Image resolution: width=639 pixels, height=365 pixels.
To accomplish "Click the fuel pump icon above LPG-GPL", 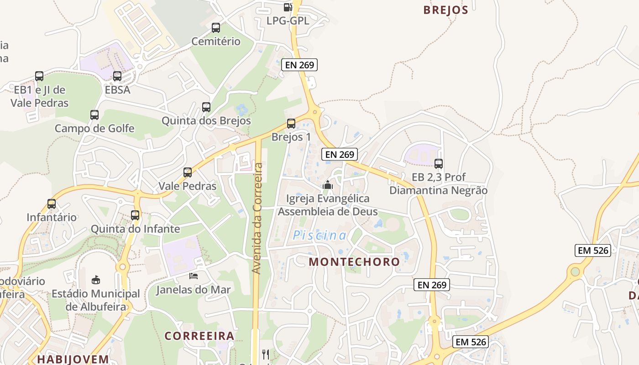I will tap(288, 7).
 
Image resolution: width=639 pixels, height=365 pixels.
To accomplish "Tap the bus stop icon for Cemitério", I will tap(216, 28).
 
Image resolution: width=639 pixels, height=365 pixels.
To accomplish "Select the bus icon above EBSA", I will tap(117, 76).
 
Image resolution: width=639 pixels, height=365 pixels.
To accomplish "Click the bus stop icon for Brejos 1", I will tap(291, 123).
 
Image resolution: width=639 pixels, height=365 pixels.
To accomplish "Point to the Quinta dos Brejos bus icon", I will tap(206, 107).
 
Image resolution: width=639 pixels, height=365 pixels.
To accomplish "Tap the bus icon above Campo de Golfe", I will tap(94, 115).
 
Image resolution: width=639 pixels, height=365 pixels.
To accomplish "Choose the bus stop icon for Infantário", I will tap(52, 204).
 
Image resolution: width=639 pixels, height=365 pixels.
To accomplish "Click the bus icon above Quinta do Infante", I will tap(135, 215).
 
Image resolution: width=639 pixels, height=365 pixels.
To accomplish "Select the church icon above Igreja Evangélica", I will tap(327, 185).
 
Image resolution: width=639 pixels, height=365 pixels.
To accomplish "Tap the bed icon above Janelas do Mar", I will tap(194, 276).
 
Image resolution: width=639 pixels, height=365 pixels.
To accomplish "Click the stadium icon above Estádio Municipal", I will tap(96, 280).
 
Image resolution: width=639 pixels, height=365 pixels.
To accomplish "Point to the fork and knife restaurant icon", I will tap(266, 354).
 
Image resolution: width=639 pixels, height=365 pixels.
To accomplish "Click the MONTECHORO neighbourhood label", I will tap(354, 262).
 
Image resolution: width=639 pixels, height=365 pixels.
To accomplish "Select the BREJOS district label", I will tap(445, 10).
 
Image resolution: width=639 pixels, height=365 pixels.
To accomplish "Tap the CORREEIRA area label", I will tap(199, 336).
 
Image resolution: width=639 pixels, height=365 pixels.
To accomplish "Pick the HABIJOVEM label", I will tap(73, 359).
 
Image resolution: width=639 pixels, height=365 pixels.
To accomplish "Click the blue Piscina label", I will tap(319, 235).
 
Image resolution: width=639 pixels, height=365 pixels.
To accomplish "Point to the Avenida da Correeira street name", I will tap(257, 218).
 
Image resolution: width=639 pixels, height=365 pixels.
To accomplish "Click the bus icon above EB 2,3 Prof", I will tap(439, 163).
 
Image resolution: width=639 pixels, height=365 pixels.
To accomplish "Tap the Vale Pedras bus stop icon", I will tap(188, 172).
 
